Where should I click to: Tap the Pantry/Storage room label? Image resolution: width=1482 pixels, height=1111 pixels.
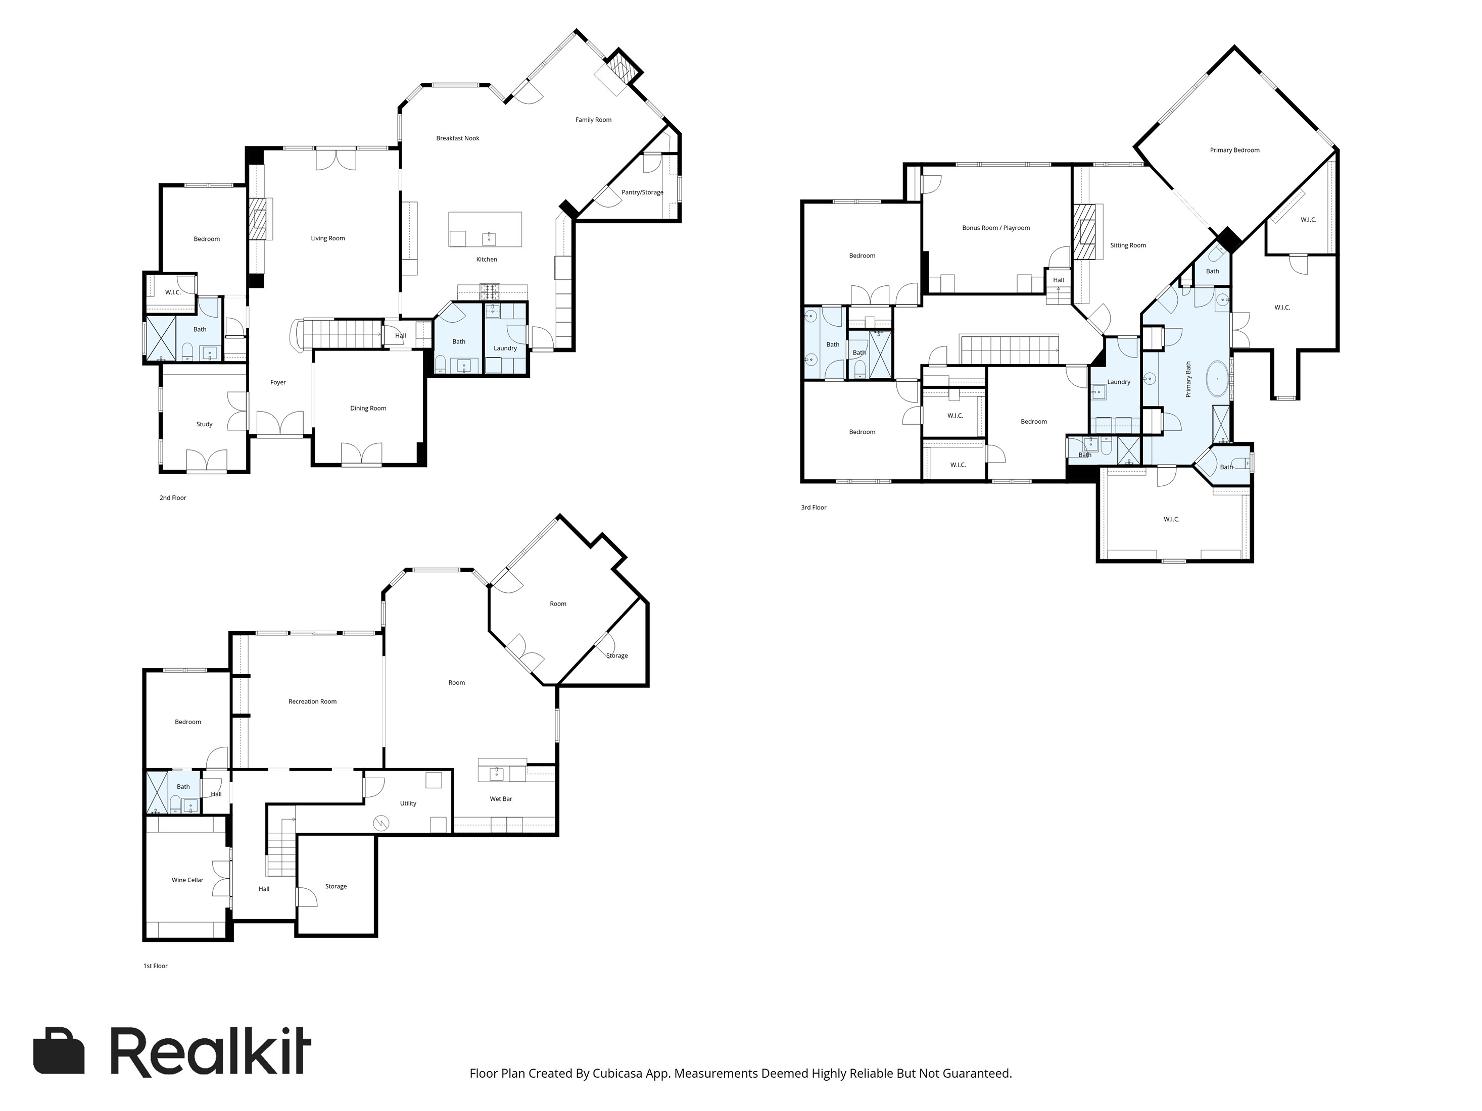click(x=642, y=193)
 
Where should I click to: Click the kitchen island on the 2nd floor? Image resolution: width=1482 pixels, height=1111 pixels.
click(x=485, y=230)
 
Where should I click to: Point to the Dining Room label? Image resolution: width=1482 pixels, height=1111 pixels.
click(x=368, y=409)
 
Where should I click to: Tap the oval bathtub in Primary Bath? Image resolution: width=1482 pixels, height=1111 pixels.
click(x=1218, y=379)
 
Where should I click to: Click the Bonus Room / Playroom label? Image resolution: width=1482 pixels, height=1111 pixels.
click(x=995, y=228)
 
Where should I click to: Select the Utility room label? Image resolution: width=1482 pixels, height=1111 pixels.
click(x=408, y=803)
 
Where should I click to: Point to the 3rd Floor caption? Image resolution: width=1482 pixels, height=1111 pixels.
click(x=814, y=508)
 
